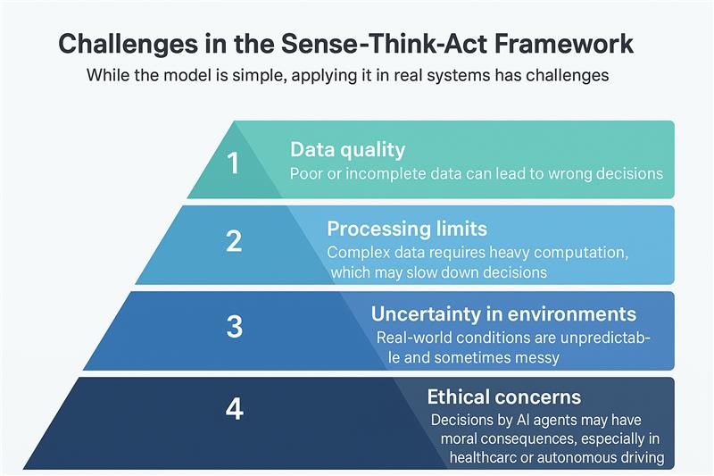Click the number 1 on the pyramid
[x=233, y=163]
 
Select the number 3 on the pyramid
[x=234, y=326]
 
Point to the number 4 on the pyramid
[x=234, y=409]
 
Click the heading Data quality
[x=347, y=149]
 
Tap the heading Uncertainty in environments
[x=503, y=313]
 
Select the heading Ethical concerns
[x=503, y=397]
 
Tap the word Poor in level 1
[x=306, y=173]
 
